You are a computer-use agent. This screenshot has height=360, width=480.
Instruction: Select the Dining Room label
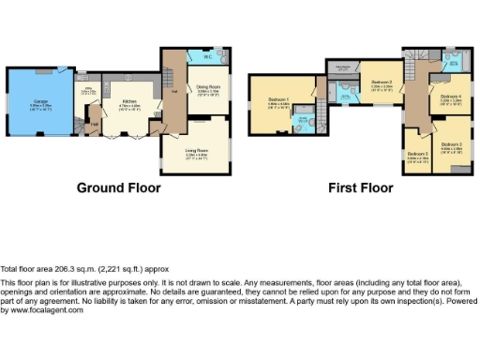click(x=207, y=90)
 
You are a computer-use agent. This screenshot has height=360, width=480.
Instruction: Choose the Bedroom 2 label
click(x=381, y=83)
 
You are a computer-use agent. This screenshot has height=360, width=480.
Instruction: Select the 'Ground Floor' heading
click(x=118, y=187)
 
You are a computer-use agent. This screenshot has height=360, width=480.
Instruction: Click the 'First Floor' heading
click(x=360, y=187)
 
